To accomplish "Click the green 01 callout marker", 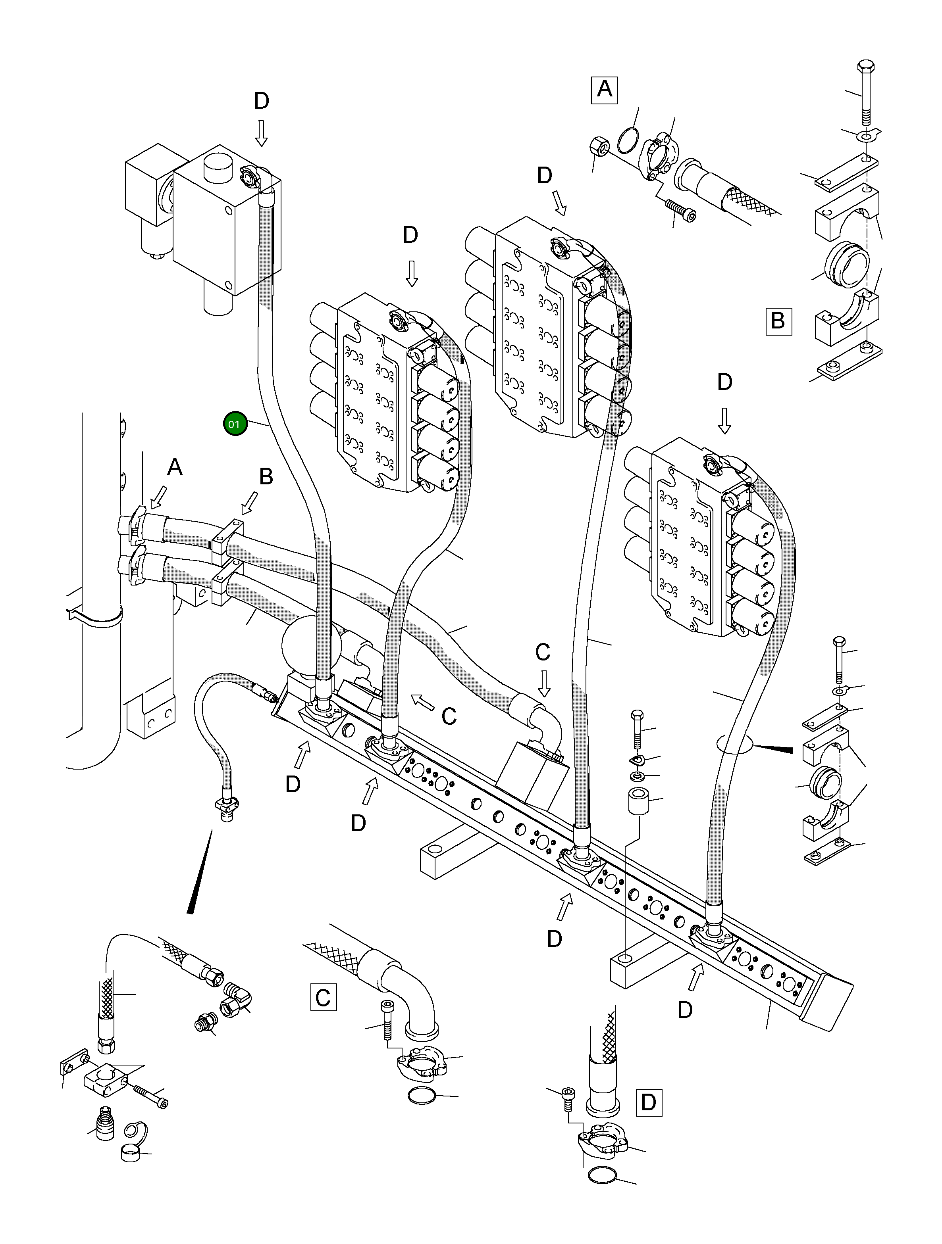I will [234, 424].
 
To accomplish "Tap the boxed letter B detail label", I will [778, 321].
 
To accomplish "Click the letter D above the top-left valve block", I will [261, 101].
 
